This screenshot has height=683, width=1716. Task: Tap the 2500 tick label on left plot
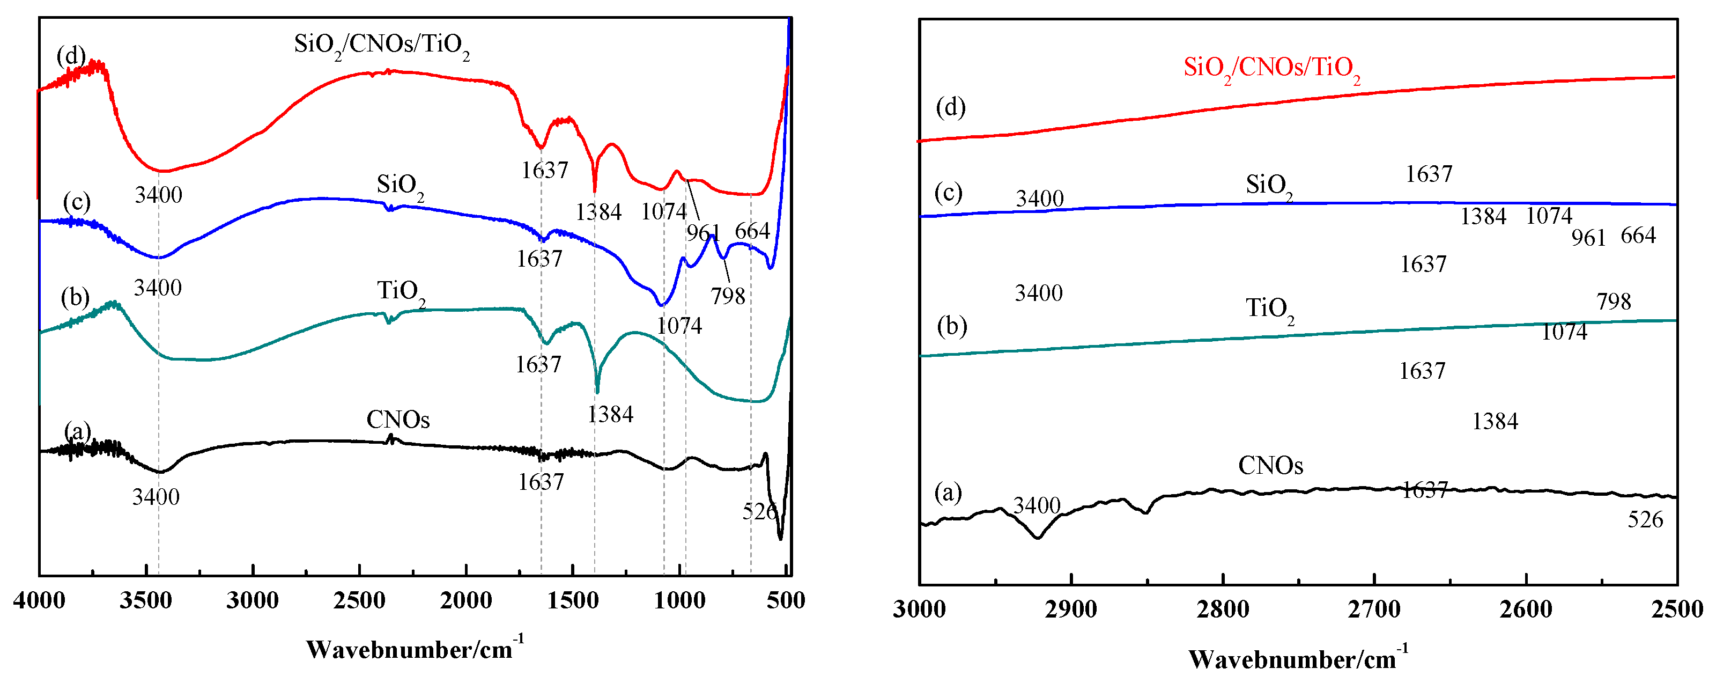359,600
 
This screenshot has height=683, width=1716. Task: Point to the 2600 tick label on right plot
1526,609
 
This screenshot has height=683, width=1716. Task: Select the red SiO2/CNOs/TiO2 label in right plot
1271,69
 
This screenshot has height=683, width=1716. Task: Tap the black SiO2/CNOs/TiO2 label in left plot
382,45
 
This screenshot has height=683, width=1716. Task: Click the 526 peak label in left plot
759,511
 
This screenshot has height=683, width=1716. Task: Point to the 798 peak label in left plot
728,295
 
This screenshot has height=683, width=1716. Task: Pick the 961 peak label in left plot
703,232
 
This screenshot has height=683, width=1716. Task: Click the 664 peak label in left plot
752,231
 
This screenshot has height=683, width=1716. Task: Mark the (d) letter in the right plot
951,107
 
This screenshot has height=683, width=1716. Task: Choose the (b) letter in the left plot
75,297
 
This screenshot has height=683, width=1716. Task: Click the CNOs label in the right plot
1270,465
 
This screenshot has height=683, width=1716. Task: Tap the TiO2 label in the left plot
401,292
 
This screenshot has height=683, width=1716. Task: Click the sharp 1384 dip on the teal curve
597,392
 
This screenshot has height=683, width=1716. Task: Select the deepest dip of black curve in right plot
1037,537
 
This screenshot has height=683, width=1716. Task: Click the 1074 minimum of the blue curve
661,305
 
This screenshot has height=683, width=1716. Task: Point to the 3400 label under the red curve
158,195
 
